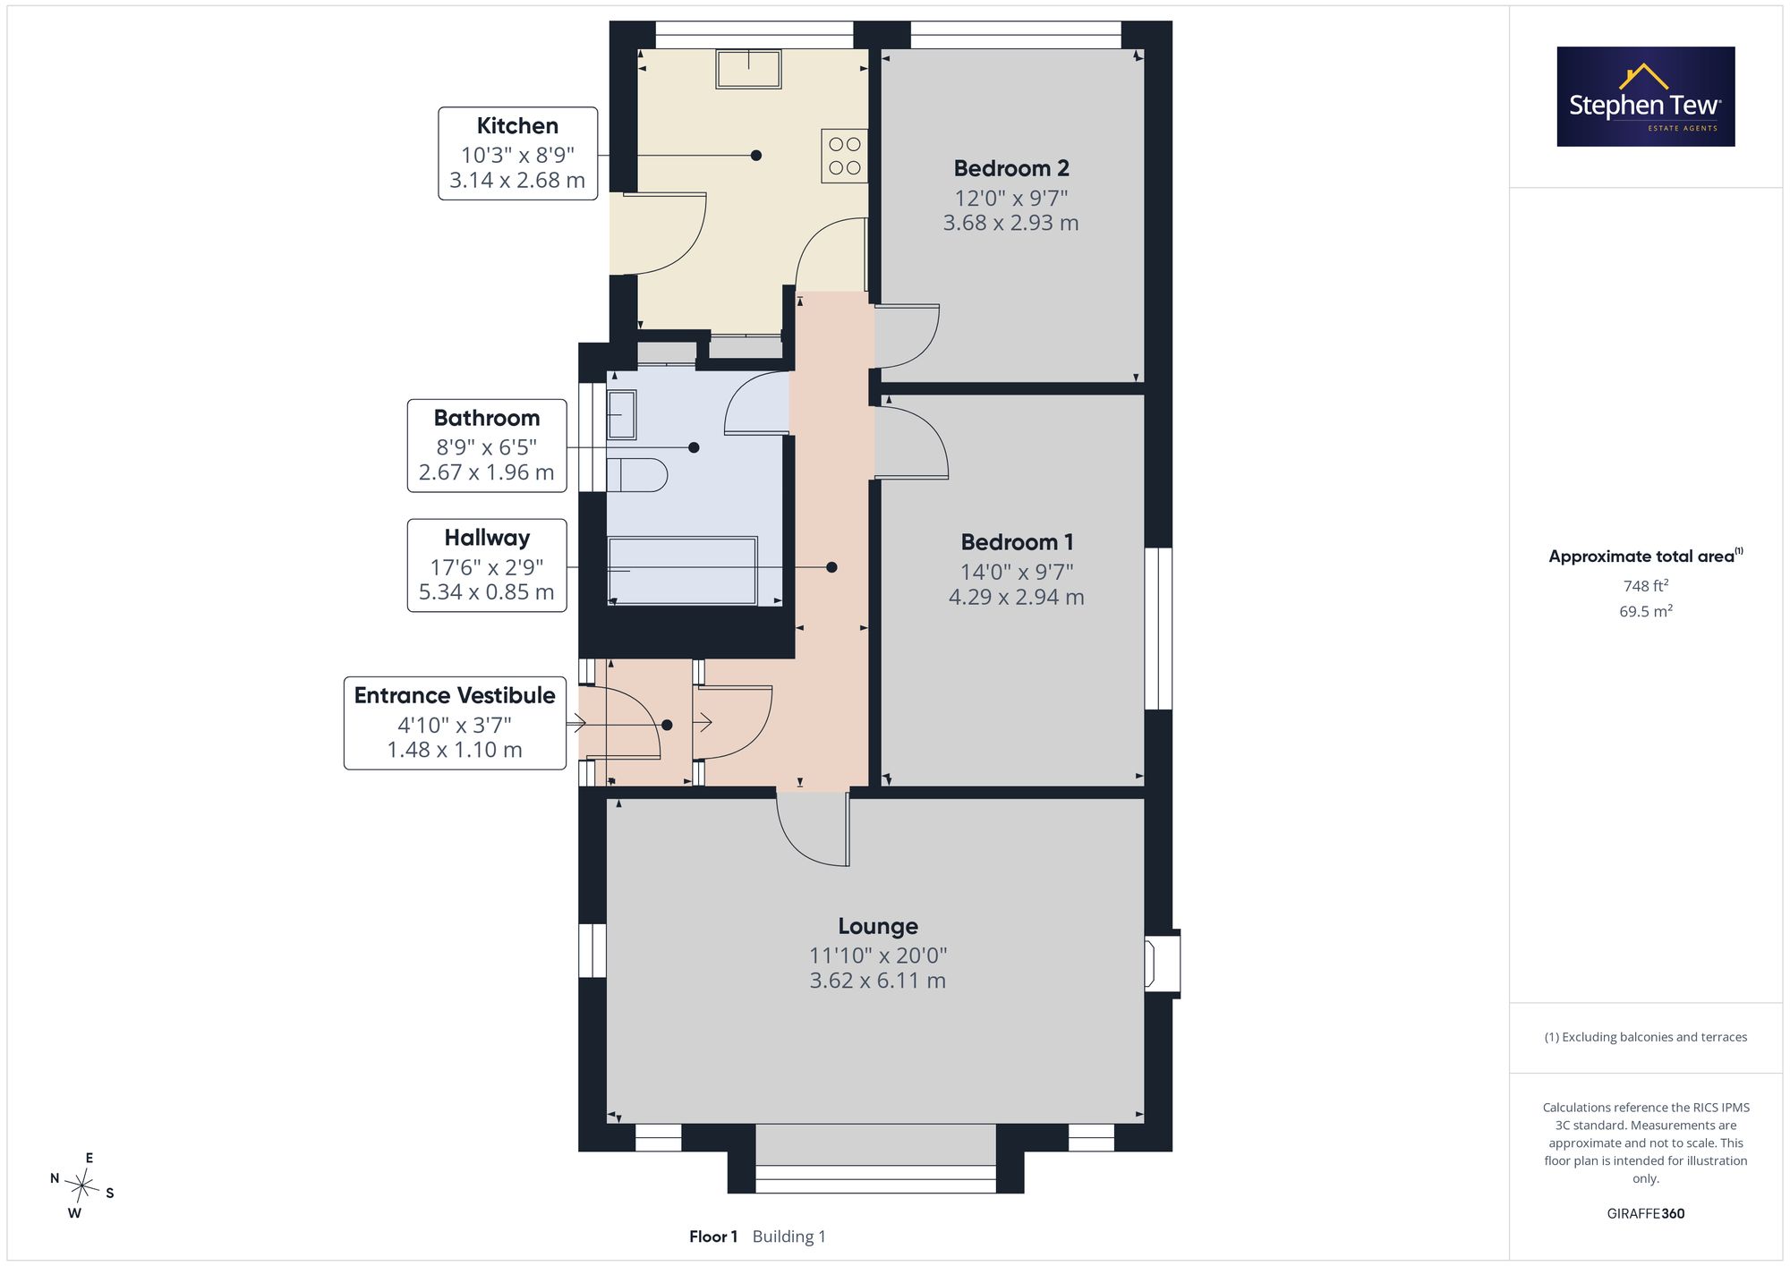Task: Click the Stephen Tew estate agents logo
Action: coord(1646,97)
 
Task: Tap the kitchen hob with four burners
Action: coord(844,156)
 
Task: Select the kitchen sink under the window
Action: coord(748,68)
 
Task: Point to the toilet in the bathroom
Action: coord(637,475)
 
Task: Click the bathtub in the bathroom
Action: coord(683,571)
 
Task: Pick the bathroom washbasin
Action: coord(621,415)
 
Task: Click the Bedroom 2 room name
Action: coord(1011,168)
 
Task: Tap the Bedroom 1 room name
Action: coord(1017,542)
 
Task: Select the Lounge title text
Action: coord(878,926)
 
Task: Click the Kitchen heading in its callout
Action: coord(517,126)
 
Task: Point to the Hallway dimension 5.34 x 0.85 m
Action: coord(487,592)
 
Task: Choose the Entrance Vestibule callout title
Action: coord(455,695)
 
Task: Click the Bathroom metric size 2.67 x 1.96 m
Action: coord(487,472)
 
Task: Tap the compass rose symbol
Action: coord(82,1187)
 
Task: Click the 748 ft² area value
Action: coord(1646,586)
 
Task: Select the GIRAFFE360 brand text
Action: coord(1646,1214)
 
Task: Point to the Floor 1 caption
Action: coord(713,1236)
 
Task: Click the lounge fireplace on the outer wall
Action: coord(1163,962)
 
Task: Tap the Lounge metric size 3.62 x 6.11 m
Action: coord(878,981)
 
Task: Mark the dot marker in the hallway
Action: coord(831,567)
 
